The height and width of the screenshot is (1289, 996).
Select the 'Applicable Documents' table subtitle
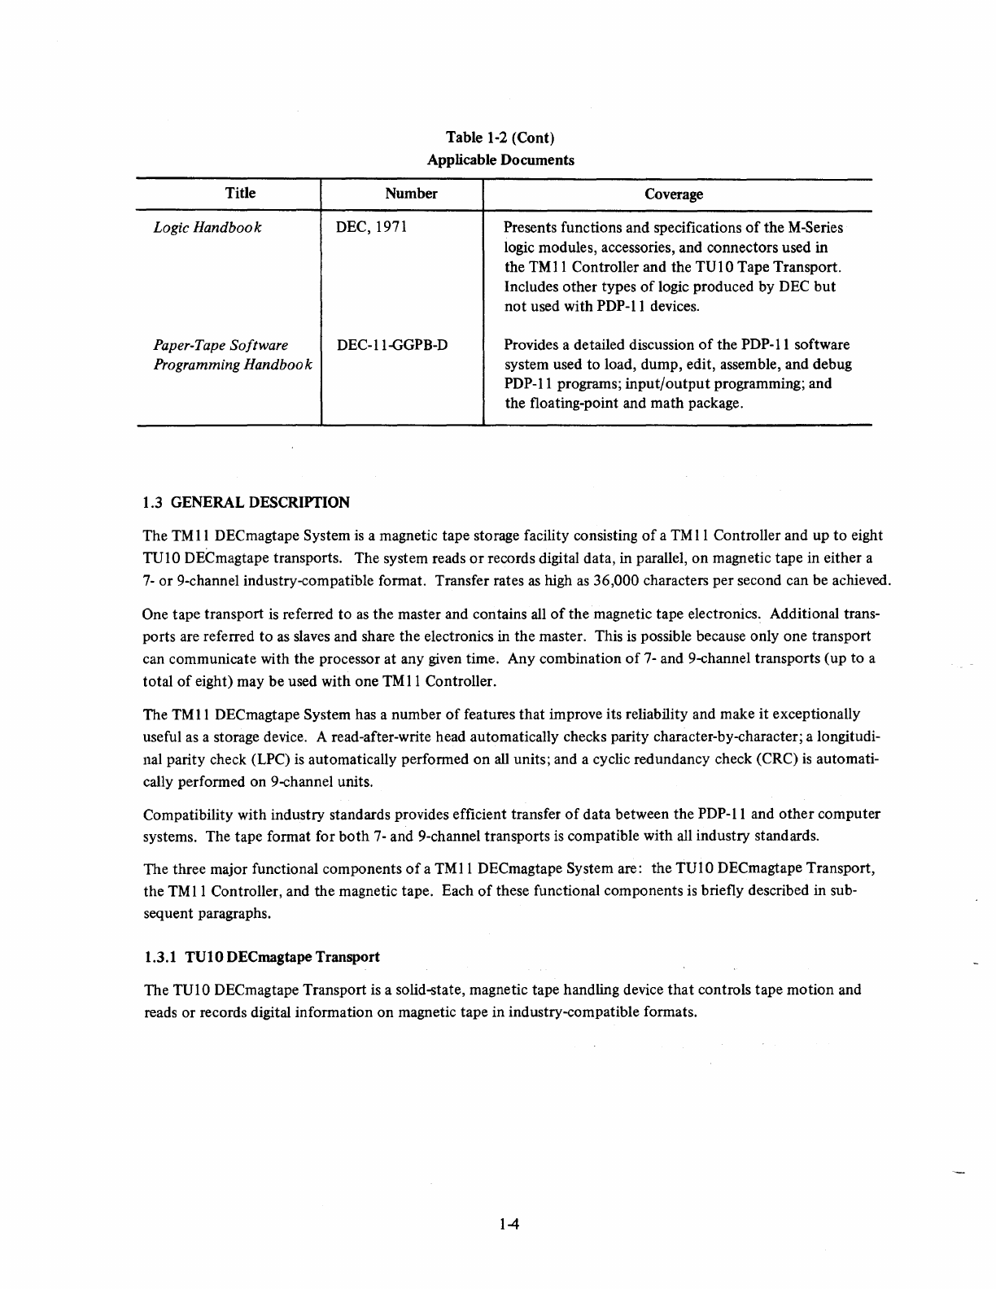[x=500, y=159]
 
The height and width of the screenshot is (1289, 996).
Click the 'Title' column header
[x=240, y=193]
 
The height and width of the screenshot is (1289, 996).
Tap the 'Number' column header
[x=411, y=193]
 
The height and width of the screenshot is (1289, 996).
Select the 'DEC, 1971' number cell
[x=371, y=227]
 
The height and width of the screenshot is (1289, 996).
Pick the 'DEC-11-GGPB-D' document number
[x=392, y=345]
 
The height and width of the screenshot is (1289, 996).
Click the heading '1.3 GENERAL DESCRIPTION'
[x=246, y=502]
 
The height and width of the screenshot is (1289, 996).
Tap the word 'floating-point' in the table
[x=575, y=404]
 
